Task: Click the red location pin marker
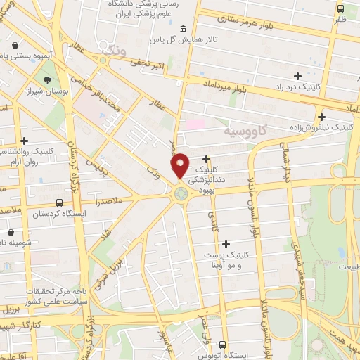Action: pyautogui.click(x=180, y=165)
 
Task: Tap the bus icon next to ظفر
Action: pyautogui.click(x=340, y=10)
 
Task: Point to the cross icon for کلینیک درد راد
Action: pyautogui.click(x=298, y=75)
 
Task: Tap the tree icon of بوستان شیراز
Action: pyautogui.click(x=46, y=80)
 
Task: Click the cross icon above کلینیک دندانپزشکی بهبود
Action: pyautogui.click(x=206, y=159)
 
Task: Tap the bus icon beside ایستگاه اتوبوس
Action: pyautogui.click(x=222, y=345)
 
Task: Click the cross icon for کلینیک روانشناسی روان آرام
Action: pyautogui.click(x=25, y=141)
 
